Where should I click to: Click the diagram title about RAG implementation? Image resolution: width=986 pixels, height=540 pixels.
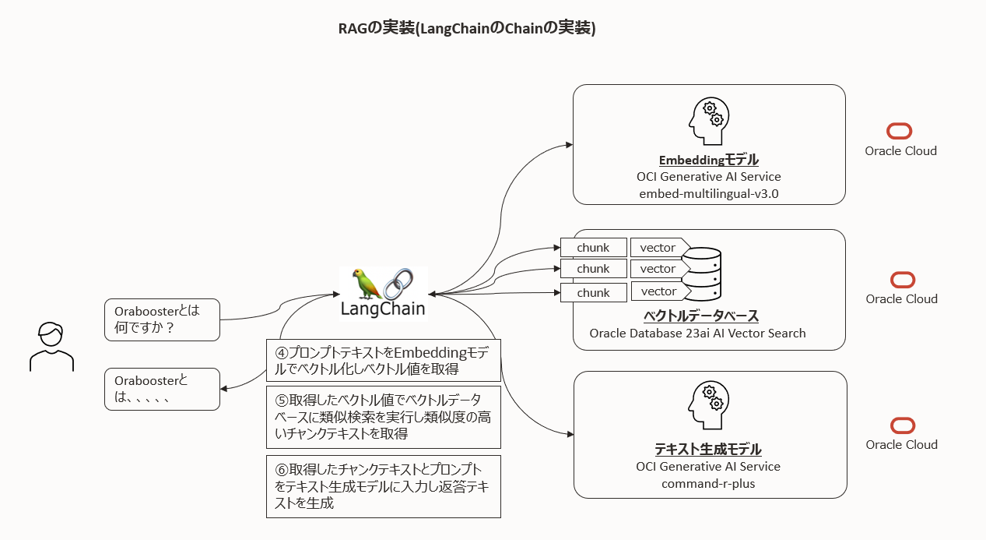pyautogui.click(x=466, y=29)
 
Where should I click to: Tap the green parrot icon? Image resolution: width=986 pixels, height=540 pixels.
pyautogui.click(x=367, y=284)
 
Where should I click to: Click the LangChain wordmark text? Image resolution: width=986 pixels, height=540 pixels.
pyautogui.click(x=383, y=309)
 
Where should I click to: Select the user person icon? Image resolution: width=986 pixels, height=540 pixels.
pyautogui.click(x=51, y=346)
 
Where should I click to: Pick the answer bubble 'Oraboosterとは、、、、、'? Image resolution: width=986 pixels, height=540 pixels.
pyautogui.click(x=162, y=389)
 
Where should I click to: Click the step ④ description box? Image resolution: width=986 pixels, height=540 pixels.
pyautogui.click(x=383, y=360)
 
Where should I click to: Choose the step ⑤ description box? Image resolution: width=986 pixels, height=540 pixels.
pyautogui.click(x=383, y=417)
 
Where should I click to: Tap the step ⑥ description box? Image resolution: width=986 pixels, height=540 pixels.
pyautogui.click(x=383, y=486)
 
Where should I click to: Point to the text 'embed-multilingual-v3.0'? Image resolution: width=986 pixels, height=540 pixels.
pyautogui.click(x=708, y=194)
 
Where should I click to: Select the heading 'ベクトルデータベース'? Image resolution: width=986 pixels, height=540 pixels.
pyautogui.click(x=700, y=316)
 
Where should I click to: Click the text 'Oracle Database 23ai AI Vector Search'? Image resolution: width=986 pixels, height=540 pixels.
pyautogui.click(x=697, y=334)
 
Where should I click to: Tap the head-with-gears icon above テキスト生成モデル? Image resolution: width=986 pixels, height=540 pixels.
pyautogui.click(x=708, y=408)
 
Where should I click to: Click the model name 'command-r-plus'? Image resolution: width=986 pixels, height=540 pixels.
pyautogui.click(x=708, y=484)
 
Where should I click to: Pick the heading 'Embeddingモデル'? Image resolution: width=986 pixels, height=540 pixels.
pyautogui.click(x=708, y=160)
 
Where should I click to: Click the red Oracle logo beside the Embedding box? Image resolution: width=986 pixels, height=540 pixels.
pyautogui.click(x=900, y=132)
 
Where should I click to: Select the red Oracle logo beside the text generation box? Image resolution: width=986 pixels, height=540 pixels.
pyautogui.click(x=902, y=425)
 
